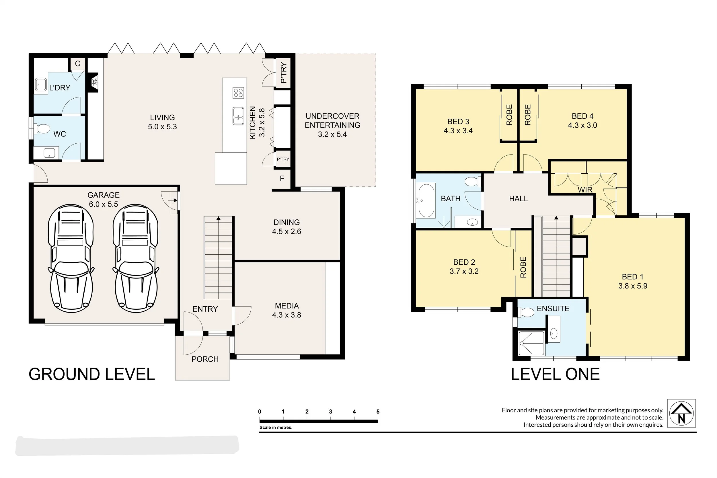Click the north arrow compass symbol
pyautogui.click(x=681, y=413)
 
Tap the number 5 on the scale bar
pyautogui.click(x=378, y=411)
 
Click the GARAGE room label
pyautogui.click(x=103, y=195)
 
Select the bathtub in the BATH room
pyautogui.click(x=426, y=200)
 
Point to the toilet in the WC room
pyautogui.click(x=42, y=129)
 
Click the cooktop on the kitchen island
pyautogui.click(x=238, y=93)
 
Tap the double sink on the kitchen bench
pyautogui.click(x=238, y=116)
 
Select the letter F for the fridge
pyautogui.click(x=282, y=179)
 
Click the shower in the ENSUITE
pyautogui.click(x=531, y=343)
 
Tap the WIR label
pyautogui.click(x=585, y=190)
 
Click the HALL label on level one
pyautogui.click(x=518, y=199)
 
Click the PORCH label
pyautogui.click(x=205, y=359)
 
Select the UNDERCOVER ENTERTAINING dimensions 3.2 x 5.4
pyautogui.click(x=332, y=134)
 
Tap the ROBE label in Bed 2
pyautogui.click(x=523, y=267)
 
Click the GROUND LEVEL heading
pyautogui.click(x=92, y=374)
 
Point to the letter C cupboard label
pyautogui.click(x=78, y=63)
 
